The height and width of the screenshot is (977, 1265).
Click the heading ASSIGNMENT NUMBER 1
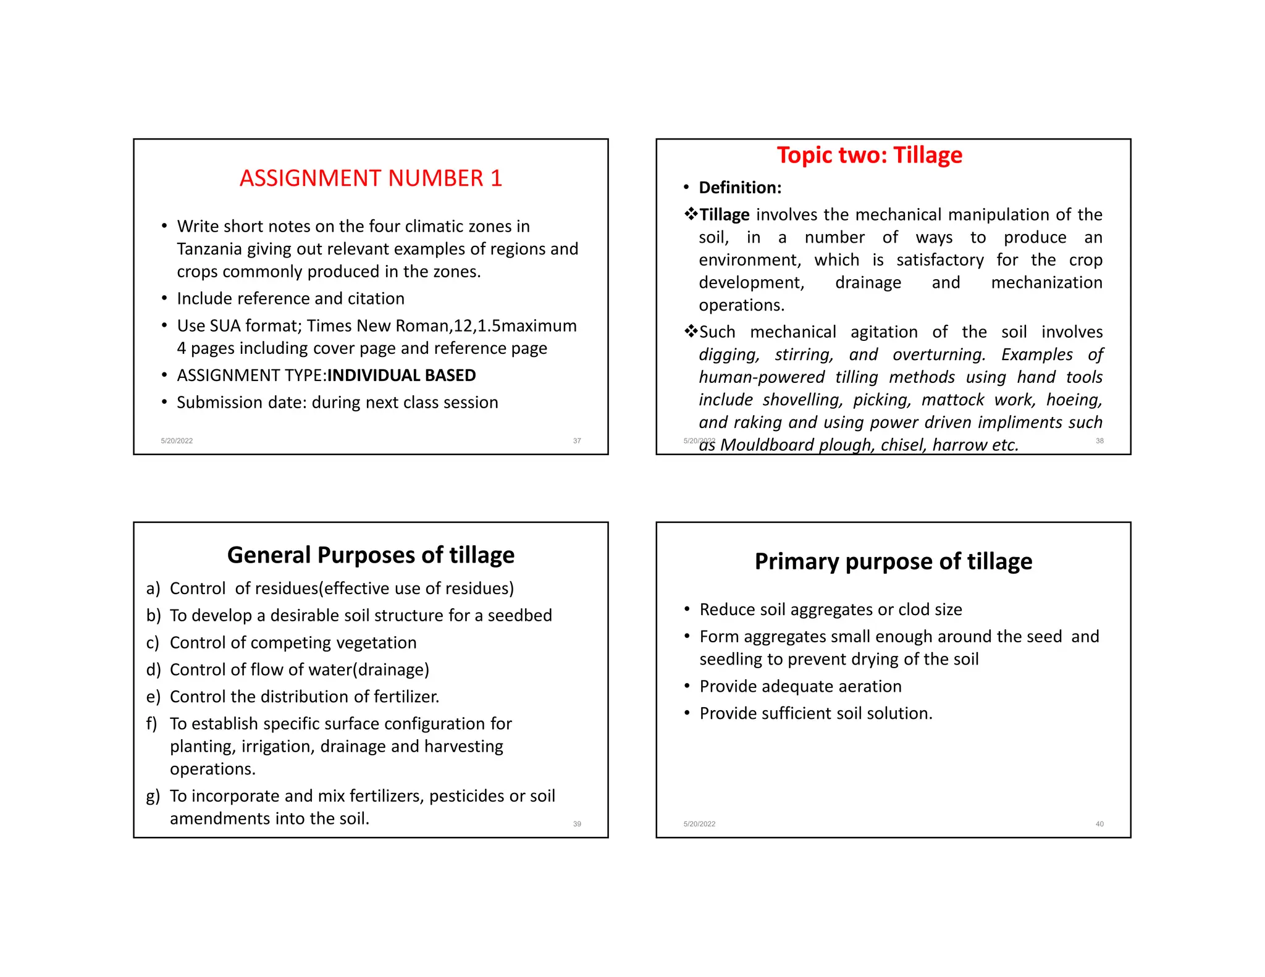[371, 178]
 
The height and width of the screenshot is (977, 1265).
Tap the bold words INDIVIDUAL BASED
[401, 375]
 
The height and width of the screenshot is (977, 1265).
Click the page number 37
[577, 441]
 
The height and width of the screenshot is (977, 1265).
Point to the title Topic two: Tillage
[869, 155]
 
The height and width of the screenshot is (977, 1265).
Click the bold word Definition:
[740, 188]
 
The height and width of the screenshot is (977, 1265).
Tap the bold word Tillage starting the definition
[725, 215]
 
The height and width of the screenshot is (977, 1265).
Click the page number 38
[1099, 441]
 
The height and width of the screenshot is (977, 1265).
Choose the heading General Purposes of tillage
[371, 555]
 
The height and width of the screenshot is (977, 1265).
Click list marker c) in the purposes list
[153, 643]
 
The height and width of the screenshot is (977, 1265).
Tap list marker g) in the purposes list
[153, 796]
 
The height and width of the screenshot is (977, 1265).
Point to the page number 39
[577, 824]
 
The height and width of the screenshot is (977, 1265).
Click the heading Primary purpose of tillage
[893, 561]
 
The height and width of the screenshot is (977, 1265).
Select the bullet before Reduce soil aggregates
[687, 610]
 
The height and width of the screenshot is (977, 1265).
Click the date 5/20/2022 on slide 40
[699, 824]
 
